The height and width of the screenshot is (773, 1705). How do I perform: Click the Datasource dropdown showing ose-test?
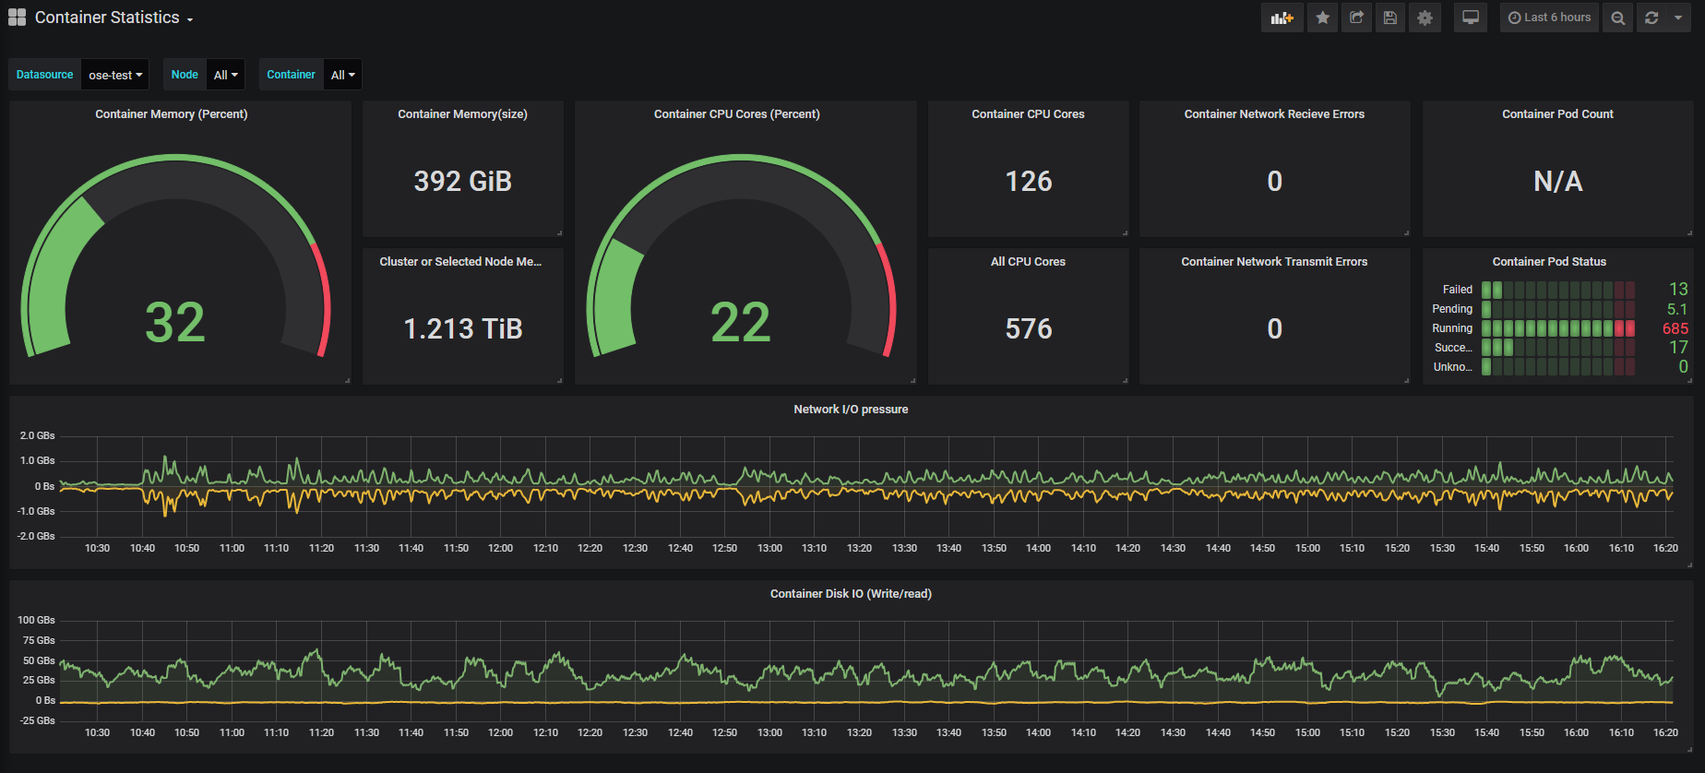[x=115, y=75]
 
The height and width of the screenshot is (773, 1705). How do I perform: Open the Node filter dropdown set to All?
[x=225, y=75]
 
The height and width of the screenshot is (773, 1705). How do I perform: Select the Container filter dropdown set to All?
[x=342, y=75]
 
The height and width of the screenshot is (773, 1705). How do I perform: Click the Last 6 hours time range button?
[x=1550, y=18]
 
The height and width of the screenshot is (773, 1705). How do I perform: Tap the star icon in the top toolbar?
[x=1323, y=18]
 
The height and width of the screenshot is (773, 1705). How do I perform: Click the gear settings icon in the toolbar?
[x=1425, y=18]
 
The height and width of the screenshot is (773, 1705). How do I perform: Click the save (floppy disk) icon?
[x=1390, y=18]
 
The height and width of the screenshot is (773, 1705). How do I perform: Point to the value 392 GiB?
[x=463, y=181]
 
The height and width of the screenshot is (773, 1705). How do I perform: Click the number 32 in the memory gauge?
[x=175, y=323]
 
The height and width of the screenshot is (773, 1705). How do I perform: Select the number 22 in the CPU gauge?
[x=740, y=323]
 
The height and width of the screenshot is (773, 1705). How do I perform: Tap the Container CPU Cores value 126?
[x=1029, y=181]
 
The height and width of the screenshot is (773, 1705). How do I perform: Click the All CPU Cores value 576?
[x=1029, y=328]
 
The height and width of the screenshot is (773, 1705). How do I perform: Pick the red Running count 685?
[x=1675, y=328]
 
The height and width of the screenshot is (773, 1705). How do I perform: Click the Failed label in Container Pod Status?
[x=1458, y=290]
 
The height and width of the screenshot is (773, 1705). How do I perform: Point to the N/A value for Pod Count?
[x=1558, y=181]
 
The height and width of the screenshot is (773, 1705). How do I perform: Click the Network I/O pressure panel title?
[x=851, y=410]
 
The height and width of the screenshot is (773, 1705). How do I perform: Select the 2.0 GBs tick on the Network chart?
[x=38, y=435]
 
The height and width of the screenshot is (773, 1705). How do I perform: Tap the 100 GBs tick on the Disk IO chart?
[x=37, y=620]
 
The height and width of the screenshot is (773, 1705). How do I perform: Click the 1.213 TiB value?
[x=463, y=328]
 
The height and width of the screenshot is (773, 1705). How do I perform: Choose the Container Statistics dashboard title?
[x=107, y=18]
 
